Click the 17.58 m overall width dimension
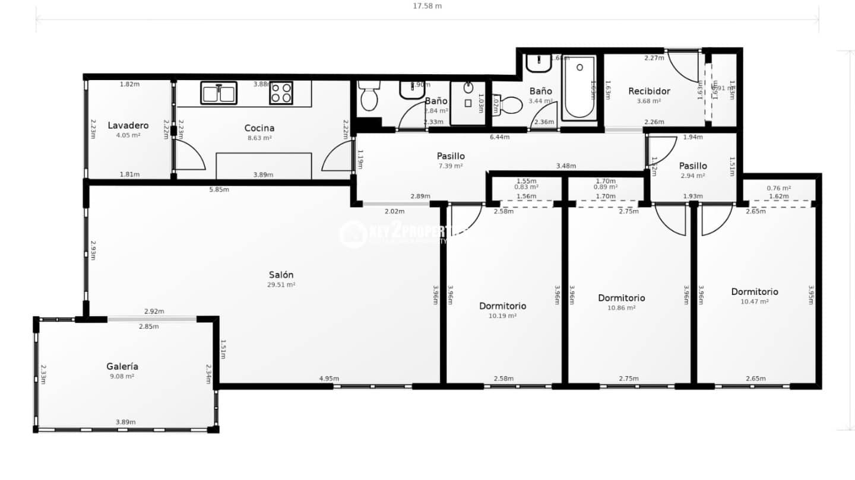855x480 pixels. [427, 6]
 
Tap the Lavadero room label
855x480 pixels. [128, 125]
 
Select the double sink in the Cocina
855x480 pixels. [218, 93]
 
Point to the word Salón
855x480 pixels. [281, 275]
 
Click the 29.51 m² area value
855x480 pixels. [281, 285]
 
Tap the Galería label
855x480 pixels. [122, 366]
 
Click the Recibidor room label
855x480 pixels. [649, 91]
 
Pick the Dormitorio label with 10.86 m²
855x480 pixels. [621, 298]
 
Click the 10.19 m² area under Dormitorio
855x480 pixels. [502, 316]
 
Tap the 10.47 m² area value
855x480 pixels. [754, 302]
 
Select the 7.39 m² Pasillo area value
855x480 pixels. [451, 166]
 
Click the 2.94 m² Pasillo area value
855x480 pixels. [692, 176]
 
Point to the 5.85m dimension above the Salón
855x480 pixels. [220, 190]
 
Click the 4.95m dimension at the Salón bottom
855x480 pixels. [329, 379]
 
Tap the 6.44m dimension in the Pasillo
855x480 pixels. [499, 137]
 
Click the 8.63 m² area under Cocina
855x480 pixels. [259, 138]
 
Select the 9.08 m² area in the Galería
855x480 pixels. [122, 376]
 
